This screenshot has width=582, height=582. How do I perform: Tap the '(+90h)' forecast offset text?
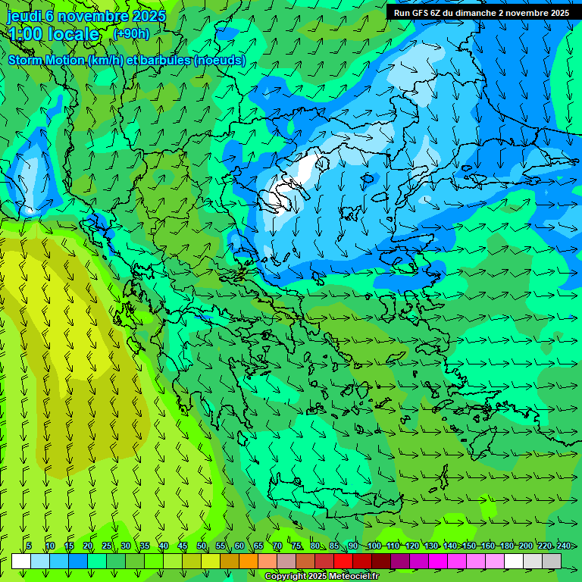coord(131,33)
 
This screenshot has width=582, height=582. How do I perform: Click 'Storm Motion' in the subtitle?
coord(45,60)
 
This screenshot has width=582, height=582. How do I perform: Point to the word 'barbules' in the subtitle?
coord(163,60)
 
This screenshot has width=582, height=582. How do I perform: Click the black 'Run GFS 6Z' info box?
coord(481,13)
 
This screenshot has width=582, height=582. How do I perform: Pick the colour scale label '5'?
coord(29,546)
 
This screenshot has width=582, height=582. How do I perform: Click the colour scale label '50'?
coord(202,546)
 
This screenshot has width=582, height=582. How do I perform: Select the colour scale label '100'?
coord(374,546)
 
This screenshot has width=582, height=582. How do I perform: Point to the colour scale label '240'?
coord(564,546)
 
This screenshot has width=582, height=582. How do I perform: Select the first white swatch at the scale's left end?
coord(21,561)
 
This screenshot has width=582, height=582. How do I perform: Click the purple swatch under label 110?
coord(400,561)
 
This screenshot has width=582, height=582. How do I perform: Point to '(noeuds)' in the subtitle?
coord(219,60)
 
